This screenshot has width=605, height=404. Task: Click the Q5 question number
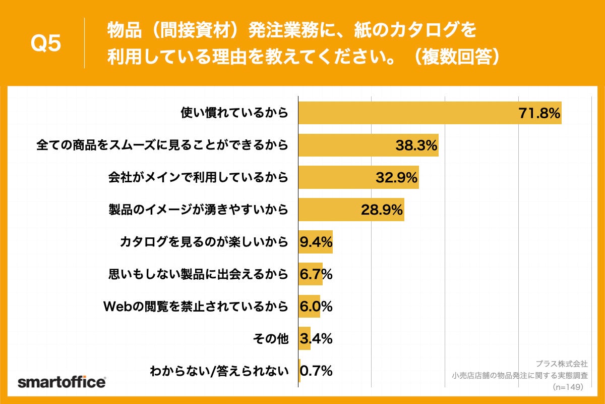46,43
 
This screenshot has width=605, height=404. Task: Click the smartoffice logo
62,382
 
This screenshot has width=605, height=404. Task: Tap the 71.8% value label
539,114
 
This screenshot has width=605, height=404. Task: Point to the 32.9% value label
397,177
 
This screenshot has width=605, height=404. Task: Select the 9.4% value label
316,243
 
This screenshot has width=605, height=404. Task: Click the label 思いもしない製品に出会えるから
198,274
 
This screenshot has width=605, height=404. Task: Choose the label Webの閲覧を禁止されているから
196,306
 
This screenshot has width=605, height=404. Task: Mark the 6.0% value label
316,307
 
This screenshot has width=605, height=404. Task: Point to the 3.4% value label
316,338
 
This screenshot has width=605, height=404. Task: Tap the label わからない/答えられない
219,371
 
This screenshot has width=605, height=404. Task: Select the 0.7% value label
316,371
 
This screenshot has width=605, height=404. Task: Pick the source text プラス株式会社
561,364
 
